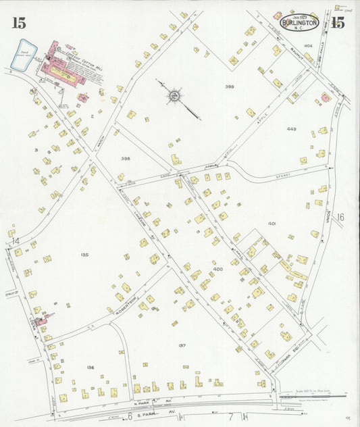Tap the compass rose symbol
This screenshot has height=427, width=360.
(174, 96)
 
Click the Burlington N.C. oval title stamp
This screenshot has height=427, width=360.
(300, 22)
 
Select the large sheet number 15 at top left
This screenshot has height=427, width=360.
(18, 23)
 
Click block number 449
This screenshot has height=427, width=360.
(291, 128)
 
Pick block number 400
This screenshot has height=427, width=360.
(217, 269)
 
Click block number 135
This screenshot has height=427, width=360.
(84, 255)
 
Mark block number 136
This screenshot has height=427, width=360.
(91, 367)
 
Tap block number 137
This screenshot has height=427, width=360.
(182, 345)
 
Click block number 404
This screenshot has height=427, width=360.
(289, 46)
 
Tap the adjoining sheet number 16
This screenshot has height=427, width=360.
(340, 217)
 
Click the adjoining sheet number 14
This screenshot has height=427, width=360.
(15, 241)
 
